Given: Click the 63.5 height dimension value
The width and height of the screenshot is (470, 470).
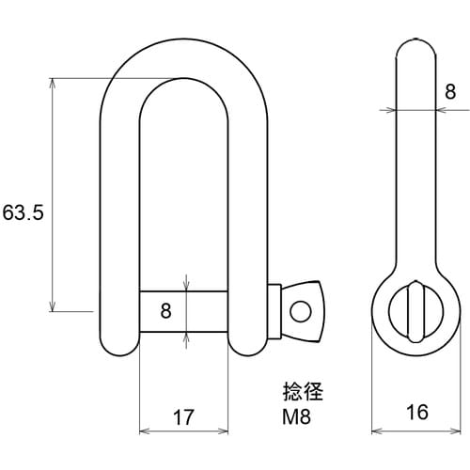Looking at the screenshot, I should (x=23, y=212).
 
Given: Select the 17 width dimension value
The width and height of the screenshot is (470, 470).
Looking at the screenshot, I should (x=183, y=417).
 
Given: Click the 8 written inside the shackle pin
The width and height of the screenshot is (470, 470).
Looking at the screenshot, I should (x=165, y=310).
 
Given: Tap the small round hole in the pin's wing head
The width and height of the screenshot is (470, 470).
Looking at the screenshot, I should (x=301, y=309).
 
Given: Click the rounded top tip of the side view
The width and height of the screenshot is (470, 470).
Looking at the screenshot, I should (x=414, y=43).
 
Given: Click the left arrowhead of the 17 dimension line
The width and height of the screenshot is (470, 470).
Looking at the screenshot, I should (x=144, y=432).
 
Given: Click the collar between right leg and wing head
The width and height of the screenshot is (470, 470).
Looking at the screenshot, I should (x=274, y=309).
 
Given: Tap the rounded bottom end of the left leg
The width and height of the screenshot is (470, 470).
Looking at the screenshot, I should (x=120, y=346).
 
